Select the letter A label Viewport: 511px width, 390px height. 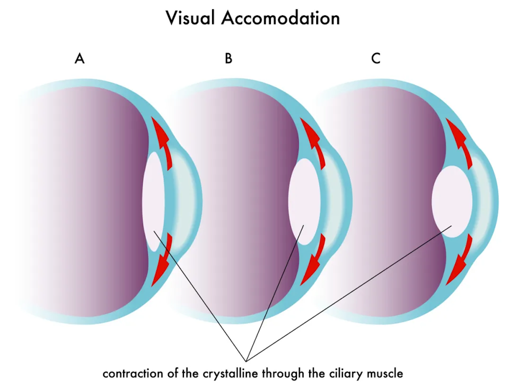tap(79, 58)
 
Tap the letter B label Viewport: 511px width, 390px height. tap(228, 58)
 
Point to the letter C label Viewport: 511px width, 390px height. tap(376, 58)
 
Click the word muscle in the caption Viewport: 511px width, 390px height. tap(386, 373)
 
